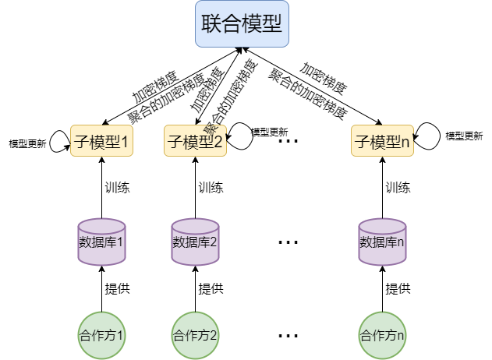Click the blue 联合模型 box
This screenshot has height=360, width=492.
pos(242,24)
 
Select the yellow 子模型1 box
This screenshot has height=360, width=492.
pos(101,141)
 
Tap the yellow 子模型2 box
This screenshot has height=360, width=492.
pos(195,141)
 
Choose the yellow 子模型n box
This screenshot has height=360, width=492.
pos(382,141)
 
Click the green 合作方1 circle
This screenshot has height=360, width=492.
pos(101,336)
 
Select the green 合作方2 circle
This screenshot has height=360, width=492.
pos(195,336)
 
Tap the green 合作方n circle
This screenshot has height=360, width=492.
pos(382,336)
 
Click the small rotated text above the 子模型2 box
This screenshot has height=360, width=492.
pos(210,129)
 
